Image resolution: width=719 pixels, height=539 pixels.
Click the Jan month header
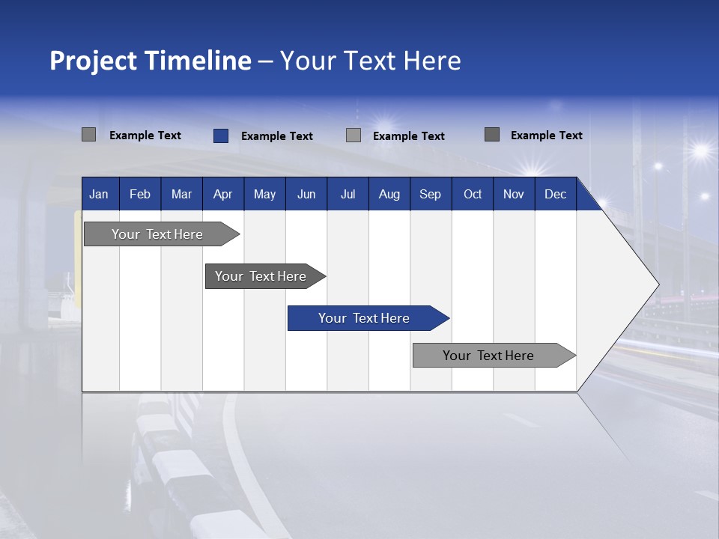click(100, 194)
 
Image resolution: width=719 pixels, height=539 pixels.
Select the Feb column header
click(140, 194)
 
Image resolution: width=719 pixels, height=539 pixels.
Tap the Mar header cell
click(181, 194)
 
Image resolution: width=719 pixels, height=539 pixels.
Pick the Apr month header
click(223, 194)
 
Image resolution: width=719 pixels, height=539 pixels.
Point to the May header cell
click(264, 194)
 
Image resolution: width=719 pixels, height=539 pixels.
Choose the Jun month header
click(306, 194)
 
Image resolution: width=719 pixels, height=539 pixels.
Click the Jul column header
click(348, 194)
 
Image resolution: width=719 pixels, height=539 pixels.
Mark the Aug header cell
click(389, 194)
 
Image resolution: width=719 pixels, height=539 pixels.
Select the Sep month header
click(431, 194)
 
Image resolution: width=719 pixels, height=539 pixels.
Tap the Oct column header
click(473, 194)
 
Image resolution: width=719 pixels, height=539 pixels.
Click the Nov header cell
click(514, 194)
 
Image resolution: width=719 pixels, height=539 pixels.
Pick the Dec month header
click(556, 194)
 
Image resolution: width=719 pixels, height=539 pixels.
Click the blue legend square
click(221, 135)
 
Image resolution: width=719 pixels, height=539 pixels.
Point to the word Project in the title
click(93, 61)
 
